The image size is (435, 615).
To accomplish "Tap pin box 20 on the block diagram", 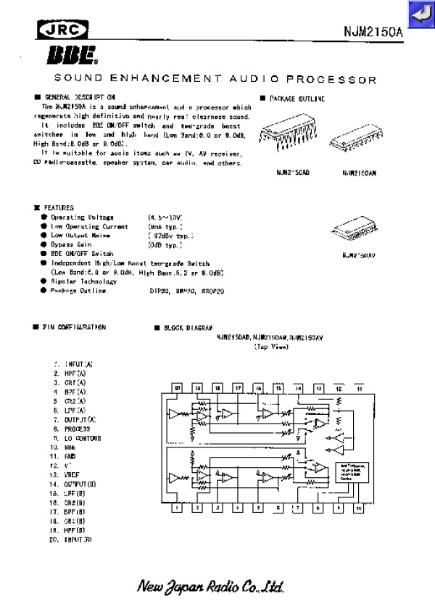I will (177, 389).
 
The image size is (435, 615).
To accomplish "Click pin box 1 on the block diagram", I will (177, 508).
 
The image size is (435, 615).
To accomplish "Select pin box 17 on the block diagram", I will (238, 389).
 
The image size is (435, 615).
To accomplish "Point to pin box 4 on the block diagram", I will (238, 508).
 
